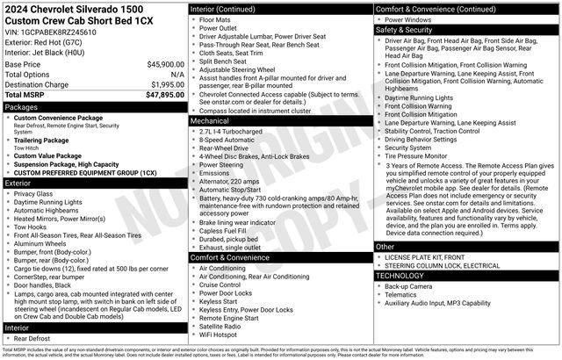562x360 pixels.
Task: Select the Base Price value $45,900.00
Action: [x=159, y=65]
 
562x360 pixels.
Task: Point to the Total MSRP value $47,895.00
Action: [x=159, y=94]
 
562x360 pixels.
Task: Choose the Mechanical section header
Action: [x=213, y=120]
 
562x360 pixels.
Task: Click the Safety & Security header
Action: [x=406, y=29]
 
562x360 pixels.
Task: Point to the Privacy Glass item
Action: [x=32, y=193]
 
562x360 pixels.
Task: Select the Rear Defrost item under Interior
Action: [x=32, y=338]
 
